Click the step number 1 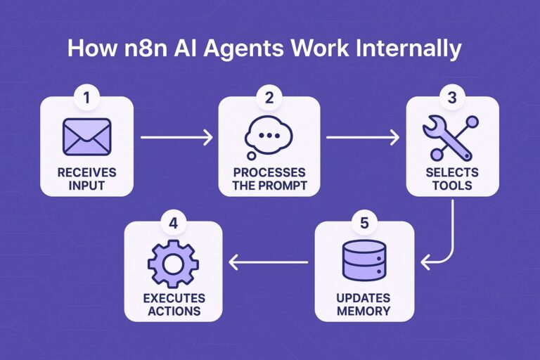coord(86,98)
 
